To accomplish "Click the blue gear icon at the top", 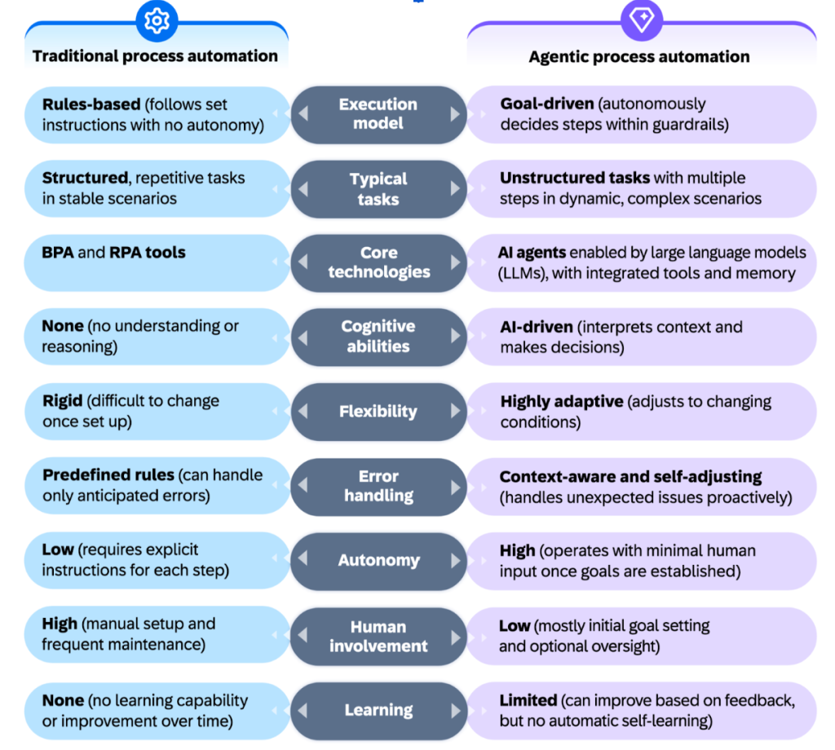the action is click(157, 21).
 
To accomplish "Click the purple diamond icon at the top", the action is click(642, 20).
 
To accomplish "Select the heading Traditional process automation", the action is click(155, 56).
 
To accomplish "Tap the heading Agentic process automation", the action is click(639, 56).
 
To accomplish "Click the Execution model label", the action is click(378, 113).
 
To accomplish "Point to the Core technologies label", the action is click(378, 262).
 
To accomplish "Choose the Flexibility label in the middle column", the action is click(378, 411).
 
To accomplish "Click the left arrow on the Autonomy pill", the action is click(303, 558).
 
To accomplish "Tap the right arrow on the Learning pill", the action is click(455, 711).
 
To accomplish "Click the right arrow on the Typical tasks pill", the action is click(455, 188).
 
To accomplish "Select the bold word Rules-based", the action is click(91, 104).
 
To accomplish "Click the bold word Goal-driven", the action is click(547, 104).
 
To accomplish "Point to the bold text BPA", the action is click(58, 252).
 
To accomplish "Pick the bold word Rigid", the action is click(62, 401).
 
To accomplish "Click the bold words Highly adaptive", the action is click(562, 401).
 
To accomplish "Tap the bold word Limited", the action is click(528, 700).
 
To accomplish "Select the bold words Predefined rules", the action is click(108, 474).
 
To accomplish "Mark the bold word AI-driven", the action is click(537, 327).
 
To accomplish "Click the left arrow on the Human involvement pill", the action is click(303, 635).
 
